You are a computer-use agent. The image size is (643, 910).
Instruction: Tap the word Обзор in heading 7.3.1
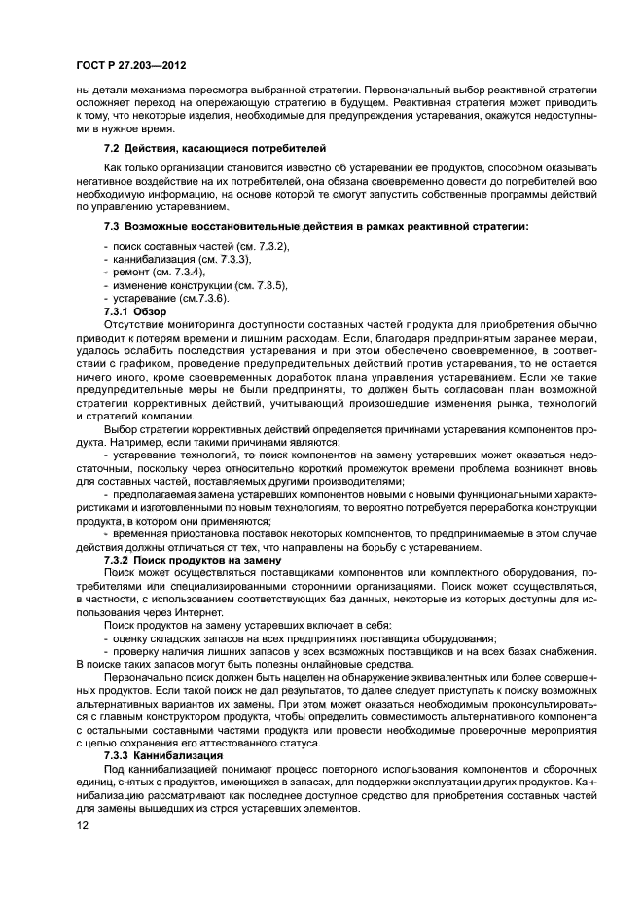157,310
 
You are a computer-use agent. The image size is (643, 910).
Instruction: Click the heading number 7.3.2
117,560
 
